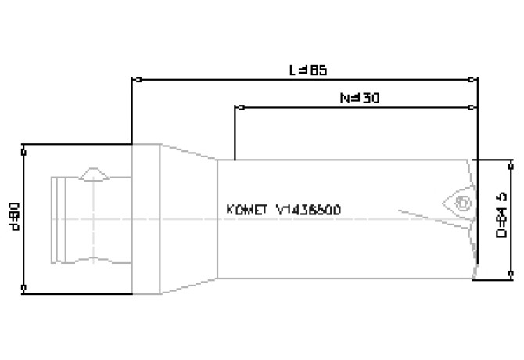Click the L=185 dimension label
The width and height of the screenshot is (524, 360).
pyautogui.click(x=307, y=70)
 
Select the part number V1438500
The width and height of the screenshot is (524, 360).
pyautogui.click(x=308, y=210)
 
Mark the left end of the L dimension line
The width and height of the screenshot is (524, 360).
pyautogui.click(x=135, y=80)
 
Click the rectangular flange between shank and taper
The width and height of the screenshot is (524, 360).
pyautogui.click(x=145, y=219)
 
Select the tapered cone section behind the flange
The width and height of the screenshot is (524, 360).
pyautogui.click(x=188, y=219)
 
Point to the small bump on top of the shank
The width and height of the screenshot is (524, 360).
pyautogui.click(x=95, y=172)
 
